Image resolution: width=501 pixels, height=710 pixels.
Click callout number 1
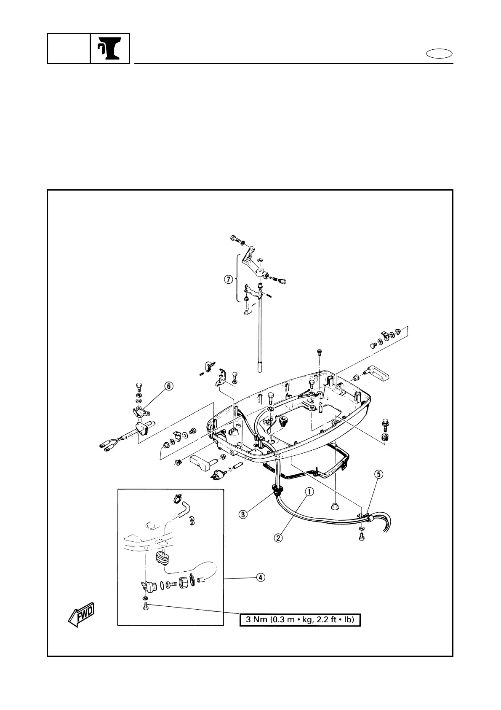click(309, 491)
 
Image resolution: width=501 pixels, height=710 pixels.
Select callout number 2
click(278, 538)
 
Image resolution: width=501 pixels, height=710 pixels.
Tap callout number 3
click(243, 514)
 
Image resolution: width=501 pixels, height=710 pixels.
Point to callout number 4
click(261, 578)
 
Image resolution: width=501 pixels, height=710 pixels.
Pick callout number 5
click(379, 474)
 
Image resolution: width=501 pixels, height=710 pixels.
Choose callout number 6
click(168, 386)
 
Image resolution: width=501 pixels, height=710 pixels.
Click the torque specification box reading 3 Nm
click(300, 620)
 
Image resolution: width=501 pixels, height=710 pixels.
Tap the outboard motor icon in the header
click(109, 48)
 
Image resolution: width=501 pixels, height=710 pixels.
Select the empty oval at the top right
click(440, 54)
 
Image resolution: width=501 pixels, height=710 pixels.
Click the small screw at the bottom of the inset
click(146, 606)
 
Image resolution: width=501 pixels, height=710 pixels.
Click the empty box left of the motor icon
click(69, 48)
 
